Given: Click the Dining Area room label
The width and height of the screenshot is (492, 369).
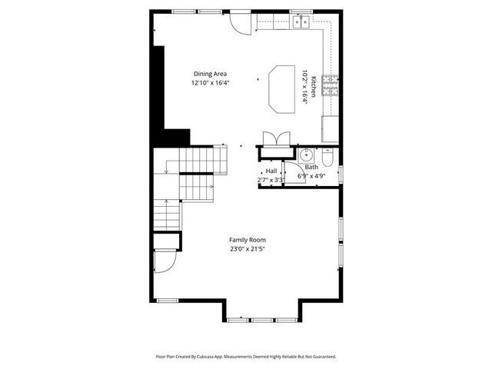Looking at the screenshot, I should click(x=211, y=74).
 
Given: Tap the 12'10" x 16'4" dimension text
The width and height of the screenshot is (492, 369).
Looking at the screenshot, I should click(x=211, y=82).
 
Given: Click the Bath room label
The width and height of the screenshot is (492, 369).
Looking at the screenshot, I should click(x=311, y=167).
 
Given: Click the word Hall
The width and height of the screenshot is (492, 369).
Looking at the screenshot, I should click(x=271, y=171).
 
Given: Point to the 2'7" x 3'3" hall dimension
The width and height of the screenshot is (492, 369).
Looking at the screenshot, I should click(x=271, y=180).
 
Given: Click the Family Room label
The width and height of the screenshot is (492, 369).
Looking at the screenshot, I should click(x=247, y=240).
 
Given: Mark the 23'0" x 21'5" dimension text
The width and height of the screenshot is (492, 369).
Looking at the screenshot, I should click(x=247, y=249).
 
